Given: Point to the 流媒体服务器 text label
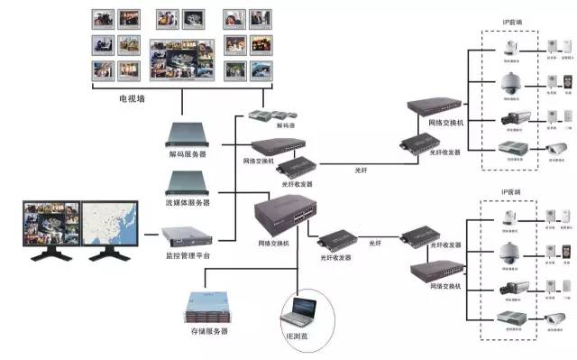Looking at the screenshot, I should (x=188, y=203).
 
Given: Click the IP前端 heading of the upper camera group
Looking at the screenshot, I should (x=512, y=21).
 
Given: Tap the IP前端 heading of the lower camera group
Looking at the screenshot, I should (x=512, y=193).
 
